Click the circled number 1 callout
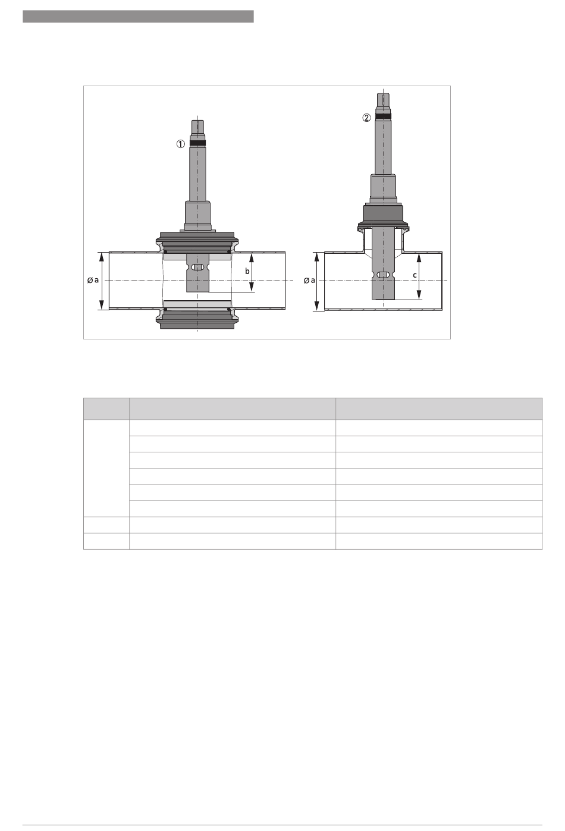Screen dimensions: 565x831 click(x=180, y=144)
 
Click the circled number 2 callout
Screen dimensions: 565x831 click(x=366, y=118)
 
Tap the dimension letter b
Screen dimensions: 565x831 click(x=247, y=272)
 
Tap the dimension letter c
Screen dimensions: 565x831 click(x=415, y=275)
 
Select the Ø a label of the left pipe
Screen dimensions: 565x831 click(x=93, y=280)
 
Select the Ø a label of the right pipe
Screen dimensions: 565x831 click(x=309, y=281)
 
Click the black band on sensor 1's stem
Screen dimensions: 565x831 click(x=198, y=143)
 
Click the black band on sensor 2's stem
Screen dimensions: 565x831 click(x=383, y=117)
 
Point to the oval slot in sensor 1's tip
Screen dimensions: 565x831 click(x=198, y=267)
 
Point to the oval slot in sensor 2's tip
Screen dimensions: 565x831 click(x=383, y=275)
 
